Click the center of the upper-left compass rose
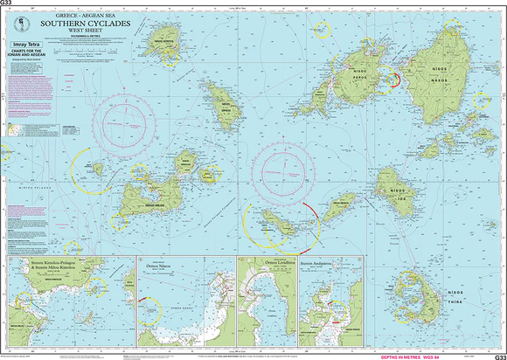(x=132, y=118)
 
